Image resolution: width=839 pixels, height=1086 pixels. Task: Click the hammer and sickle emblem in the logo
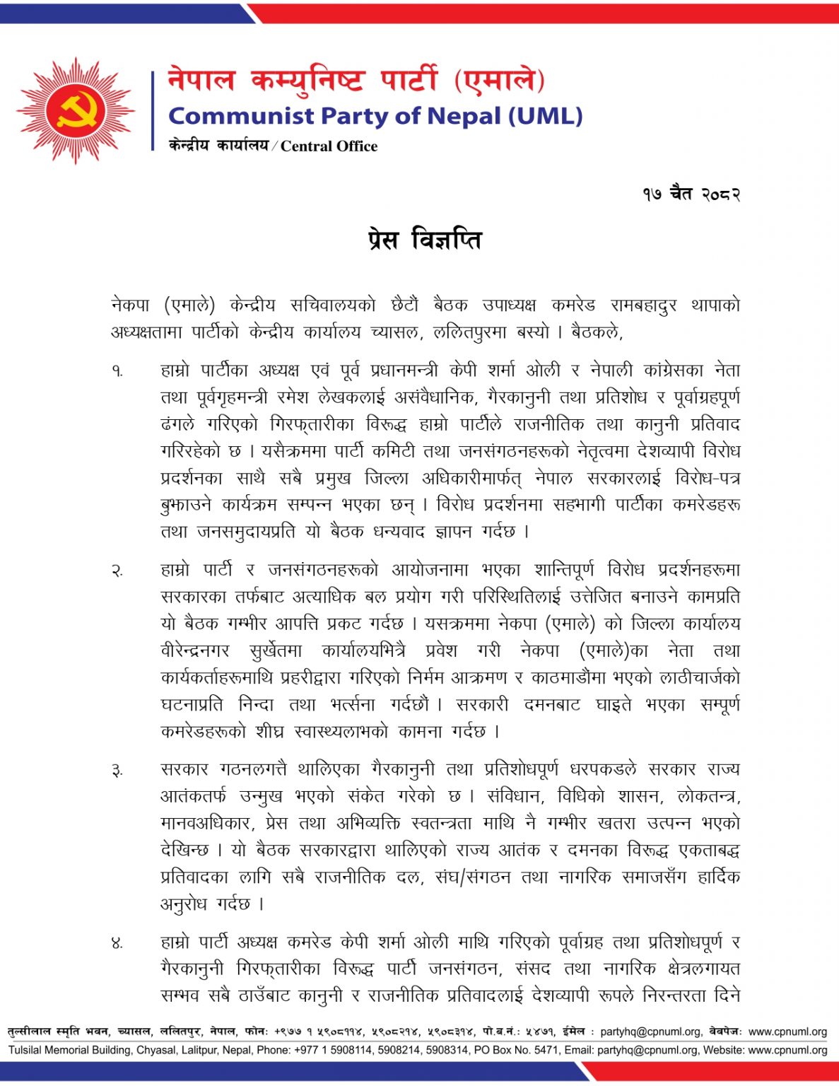[75, 111]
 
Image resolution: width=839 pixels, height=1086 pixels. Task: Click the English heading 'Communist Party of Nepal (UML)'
[375, 116]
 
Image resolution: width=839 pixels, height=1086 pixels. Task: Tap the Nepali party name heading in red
[356, 80]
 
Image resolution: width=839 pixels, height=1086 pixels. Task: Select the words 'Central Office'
[329, 146]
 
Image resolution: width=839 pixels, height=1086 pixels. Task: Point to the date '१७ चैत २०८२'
[691, 194]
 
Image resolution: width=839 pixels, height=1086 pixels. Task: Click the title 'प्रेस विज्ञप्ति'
[425, 240]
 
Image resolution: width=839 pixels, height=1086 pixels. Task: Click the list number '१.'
[117, 370]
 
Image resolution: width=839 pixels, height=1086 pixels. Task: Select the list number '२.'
[117, 571]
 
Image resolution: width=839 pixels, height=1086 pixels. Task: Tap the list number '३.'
[117, 770]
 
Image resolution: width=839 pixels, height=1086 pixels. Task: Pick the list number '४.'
[117, 942]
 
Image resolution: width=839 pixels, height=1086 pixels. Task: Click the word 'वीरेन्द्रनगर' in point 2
[195, 651]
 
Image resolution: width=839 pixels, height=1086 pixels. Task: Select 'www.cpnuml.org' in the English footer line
[787, 1051]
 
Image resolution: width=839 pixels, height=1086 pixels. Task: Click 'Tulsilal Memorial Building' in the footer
[70, 1051]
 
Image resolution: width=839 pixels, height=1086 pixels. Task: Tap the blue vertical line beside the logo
[153, 111]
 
